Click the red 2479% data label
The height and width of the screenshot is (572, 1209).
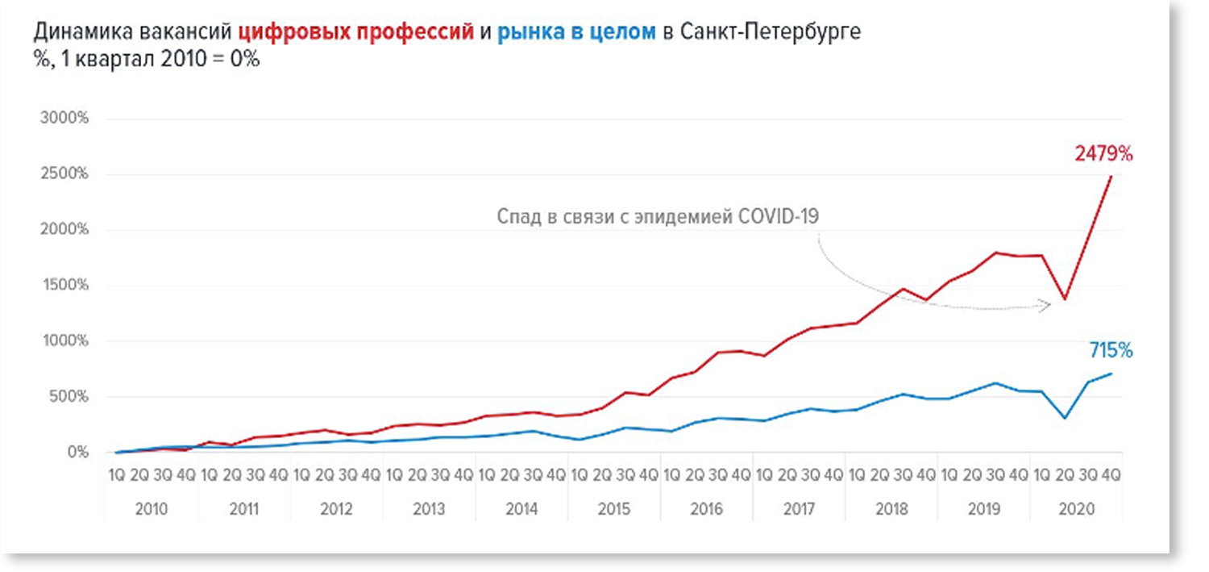coord(1103,153)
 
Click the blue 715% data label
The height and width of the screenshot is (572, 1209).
coord(1111,351)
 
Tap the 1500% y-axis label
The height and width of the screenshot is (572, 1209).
coord(64,286)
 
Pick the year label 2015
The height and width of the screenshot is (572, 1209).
coord(613,510)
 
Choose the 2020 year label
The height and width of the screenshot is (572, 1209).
coord(1076,510)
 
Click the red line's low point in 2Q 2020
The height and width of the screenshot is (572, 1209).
coord(1065,299)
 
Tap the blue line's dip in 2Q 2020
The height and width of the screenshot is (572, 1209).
coord(1065,418)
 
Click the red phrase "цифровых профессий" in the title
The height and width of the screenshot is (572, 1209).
coord(356,33)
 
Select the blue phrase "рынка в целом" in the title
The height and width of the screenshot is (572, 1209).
coord(576,33)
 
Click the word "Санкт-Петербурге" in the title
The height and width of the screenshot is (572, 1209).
coord(770,33)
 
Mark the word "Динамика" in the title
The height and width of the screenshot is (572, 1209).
coord(84,33)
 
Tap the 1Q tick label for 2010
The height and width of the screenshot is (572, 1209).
coord(116,476)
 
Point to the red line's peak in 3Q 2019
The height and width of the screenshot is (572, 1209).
coord(996,253)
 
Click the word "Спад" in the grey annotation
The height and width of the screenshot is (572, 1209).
coord(514,217)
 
